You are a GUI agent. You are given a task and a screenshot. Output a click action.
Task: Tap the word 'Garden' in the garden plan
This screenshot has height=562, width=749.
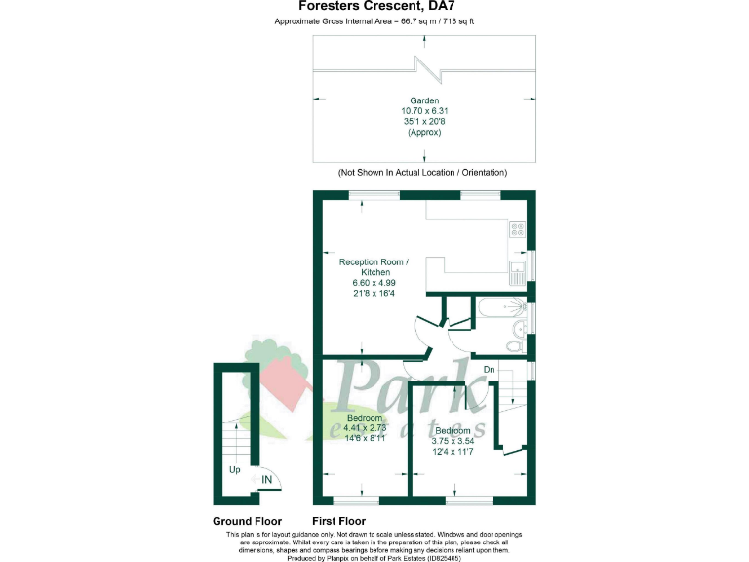[423, 100]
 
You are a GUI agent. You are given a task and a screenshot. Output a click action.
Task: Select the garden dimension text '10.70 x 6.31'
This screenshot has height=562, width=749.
[423, 111]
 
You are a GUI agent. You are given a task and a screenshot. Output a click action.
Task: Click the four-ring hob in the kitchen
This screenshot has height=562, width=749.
[517, 231]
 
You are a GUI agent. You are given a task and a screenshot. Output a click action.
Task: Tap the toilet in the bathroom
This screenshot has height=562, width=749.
[516, 345]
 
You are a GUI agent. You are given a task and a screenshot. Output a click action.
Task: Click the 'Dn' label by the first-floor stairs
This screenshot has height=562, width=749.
[490, 369]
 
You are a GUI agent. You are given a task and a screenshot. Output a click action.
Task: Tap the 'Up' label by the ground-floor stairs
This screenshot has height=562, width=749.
[234, 469]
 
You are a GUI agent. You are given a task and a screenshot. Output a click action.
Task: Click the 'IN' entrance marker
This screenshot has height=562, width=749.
[266, 479]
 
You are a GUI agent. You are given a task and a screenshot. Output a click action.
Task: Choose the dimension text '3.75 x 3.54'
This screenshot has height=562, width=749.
[453, 440]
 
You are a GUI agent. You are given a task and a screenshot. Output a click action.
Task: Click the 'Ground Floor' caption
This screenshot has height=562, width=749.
[248, 521]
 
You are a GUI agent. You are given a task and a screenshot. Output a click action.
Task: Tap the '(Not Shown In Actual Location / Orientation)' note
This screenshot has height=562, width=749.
[422, 172]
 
